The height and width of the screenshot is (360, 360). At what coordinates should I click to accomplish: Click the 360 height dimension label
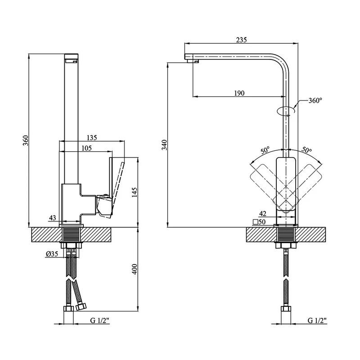coord(26,140)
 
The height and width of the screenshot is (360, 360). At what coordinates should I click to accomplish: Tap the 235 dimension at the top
coord(241,40)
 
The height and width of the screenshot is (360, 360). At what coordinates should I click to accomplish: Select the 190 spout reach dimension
coord(239,93)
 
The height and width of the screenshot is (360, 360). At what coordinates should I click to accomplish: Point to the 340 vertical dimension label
coord(165,145)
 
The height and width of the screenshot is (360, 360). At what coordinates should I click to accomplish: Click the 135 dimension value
coord(92,138)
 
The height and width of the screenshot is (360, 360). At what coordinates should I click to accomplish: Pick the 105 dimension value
coord(86,148)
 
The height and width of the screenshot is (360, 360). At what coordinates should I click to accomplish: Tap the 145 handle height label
coord(135,192)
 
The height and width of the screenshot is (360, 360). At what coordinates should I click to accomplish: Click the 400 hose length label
coord(135,269)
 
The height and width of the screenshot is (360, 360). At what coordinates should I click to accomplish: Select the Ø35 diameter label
coord(52,254)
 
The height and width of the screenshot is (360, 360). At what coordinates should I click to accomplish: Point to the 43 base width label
coord(52,218)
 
